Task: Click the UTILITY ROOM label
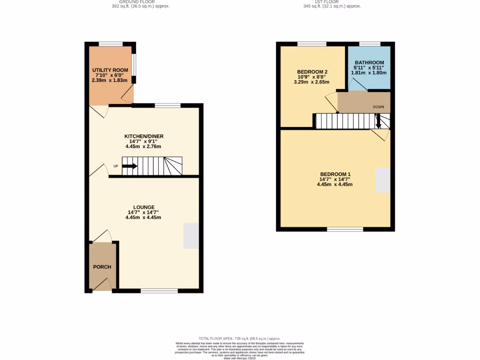tap(110, 70)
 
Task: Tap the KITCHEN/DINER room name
tap(143, 136)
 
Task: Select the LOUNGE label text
tap(143, 207)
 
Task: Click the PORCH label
tap(102, 267)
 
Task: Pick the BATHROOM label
tap(369, 63)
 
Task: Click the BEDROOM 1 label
tap(335, 174)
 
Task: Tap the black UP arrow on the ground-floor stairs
tap(129, 166)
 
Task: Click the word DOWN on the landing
tap(378, 107)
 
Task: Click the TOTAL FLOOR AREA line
tap(240, 338)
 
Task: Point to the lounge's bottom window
tap(159, 291)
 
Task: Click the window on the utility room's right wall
tap(134, 64)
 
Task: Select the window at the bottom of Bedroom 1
tap(345, 229)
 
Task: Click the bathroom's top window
tap(369, 44)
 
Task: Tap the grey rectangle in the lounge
tap(190, 236)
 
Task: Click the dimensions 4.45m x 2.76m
tap(143, 147)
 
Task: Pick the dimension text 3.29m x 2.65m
tap(312, 82)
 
